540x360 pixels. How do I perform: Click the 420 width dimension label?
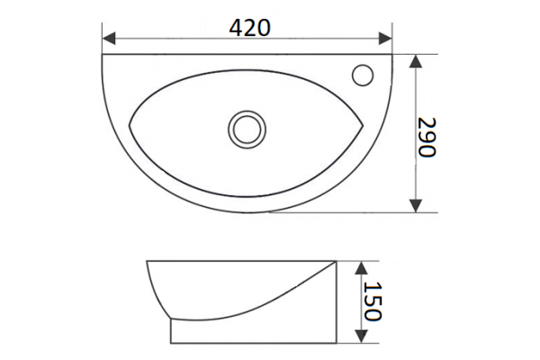(250, 28)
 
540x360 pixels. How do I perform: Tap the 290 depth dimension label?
(427, 137)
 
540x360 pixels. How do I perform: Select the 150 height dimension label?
(373, 301)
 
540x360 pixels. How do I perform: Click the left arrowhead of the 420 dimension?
(109, 38)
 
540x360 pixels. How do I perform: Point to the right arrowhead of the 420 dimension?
(385, 38)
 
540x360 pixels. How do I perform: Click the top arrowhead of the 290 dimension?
(417, 61)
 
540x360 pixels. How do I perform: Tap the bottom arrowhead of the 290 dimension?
(417, 206)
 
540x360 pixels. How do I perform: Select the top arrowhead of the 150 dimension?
(361, 267)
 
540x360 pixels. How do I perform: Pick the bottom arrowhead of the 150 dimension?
(361, 337)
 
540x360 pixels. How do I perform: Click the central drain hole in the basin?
(247, 130)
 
